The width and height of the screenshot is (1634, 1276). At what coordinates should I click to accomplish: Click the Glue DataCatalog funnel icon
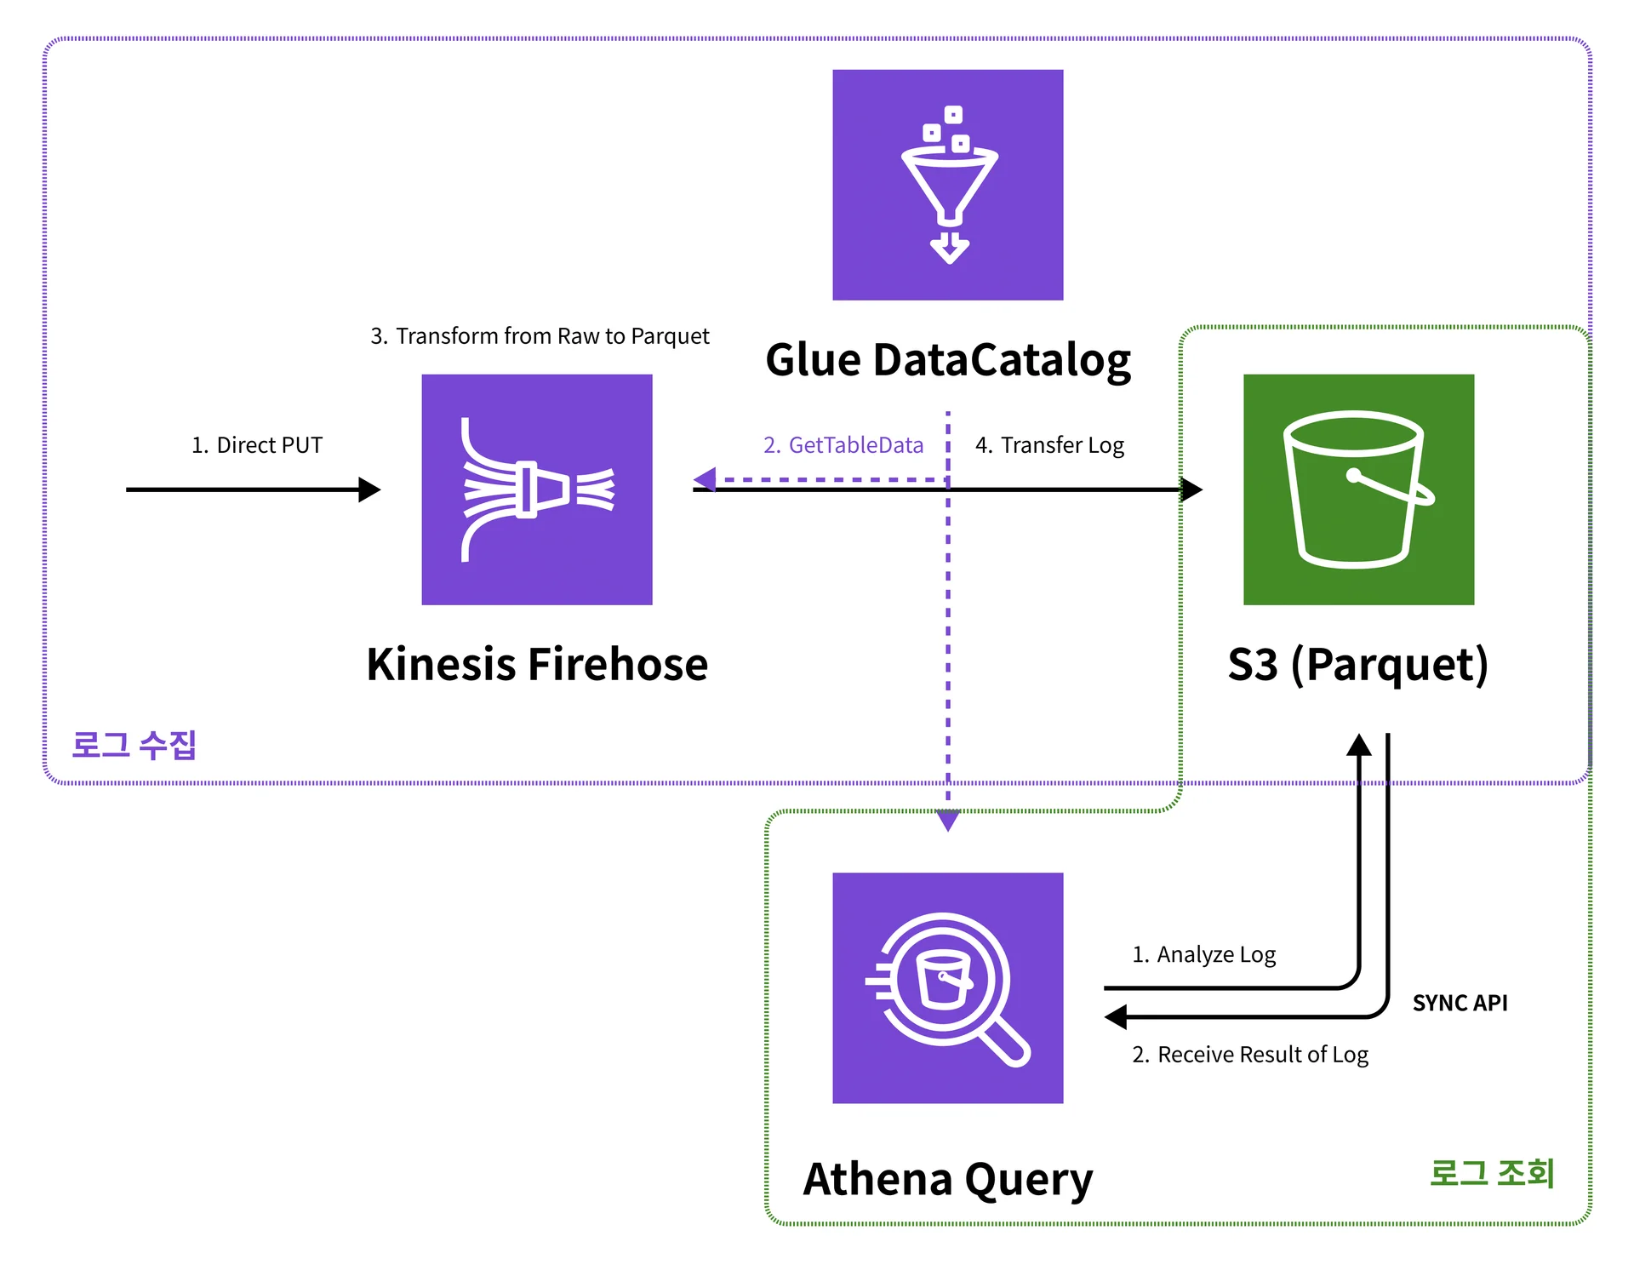(947, 185)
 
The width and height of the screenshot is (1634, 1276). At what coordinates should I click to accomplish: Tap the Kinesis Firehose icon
(537, 489)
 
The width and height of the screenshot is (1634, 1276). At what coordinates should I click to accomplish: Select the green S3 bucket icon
(1358, 489)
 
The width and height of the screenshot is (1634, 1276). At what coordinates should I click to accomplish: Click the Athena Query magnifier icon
(947, 987)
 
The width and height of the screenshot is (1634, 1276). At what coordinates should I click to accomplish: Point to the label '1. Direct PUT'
(257, 445)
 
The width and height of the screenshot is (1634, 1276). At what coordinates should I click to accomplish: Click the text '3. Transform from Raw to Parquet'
(540, 336)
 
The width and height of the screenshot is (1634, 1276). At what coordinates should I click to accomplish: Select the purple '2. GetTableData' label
(843, 445)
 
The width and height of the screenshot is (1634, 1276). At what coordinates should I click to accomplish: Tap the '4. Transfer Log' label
(1049, 445)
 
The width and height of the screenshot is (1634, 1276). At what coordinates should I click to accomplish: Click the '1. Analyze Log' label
(1203, 954)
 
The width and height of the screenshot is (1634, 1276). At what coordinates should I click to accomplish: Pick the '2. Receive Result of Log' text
(1250, 1055)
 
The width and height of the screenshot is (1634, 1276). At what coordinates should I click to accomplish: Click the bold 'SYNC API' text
(1460, 1003)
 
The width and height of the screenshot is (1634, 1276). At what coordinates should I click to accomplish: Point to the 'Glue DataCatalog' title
(948, 360)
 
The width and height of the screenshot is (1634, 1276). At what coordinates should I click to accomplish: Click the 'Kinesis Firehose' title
(537, 664)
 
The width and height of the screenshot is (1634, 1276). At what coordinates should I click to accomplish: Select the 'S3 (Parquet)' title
(1358, 664)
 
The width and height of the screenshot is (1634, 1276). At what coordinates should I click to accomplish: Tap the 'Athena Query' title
(948, 1179)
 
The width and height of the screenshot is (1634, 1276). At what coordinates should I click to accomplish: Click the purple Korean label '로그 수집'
(134, 745)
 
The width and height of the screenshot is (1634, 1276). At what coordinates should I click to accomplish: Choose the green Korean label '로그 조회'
(1492, 1173)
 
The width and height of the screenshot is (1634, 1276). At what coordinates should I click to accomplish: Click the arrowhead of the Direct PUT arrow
(369, 489)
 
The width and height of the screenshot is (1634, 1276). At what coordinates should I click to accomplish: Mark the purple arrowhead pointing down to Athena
(947, 821)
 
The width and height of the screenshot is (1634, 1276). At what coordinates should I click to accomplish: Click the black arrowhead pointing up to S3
(1359, 745)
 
